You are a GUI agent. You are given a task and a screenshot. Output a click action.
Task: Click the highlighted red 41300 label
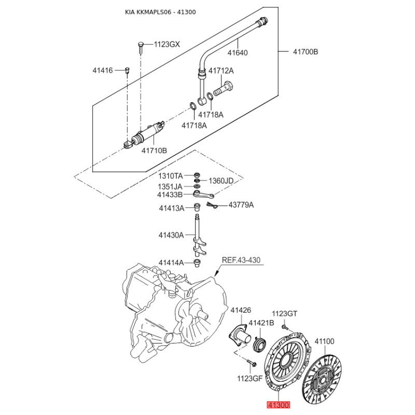point(279,405)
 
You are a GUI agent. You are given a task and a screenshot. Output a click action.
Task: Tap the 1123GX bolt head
point(141,44)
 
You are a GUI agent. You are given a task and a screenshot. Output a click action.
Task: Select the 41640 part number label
point(238,53)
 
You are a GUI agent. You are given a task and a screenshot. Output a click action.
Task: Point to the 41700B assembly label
point(306,51)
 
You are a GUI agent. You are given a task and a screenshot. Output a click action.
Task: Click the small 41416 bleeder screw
point(127,70)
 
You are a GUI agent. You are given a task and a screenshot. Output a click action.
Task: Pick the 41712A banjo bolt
point(223,89)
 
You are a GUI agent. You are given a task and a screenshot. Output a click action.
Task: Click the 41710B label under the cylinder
point(154,150)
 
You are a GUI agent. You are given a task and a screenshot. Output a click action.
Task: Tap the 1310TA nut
point(197,175)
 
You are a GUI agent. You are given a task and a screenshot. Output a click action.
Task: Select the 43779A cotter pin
point(212,205)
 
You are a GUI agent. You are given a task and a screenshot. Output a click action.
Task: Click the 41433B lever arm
point(203,195)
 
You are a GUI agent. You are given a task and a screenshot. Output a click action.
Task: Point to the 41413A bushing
point(197,207)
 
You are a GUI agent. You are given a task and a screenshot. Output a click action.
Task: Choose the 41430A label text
point(171,235)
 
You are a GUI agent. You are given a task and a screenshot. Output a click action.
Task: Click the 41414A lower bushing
point(197,264)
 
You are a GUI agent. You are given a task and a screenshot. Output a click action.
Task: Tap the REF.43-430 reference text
point(241,260)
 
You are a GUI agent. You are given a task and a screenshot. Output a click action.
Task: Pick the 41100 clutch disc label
point(324,341)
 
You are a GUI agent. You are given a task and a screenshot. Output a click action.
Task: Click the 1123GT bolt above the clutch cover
point(284,327)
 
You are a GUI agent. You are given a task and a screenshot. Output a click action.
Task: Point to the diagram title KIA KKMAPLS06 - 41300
point(160,12)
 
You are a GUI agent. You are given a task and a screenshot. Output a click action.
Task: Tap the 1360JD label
point(221,181)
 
